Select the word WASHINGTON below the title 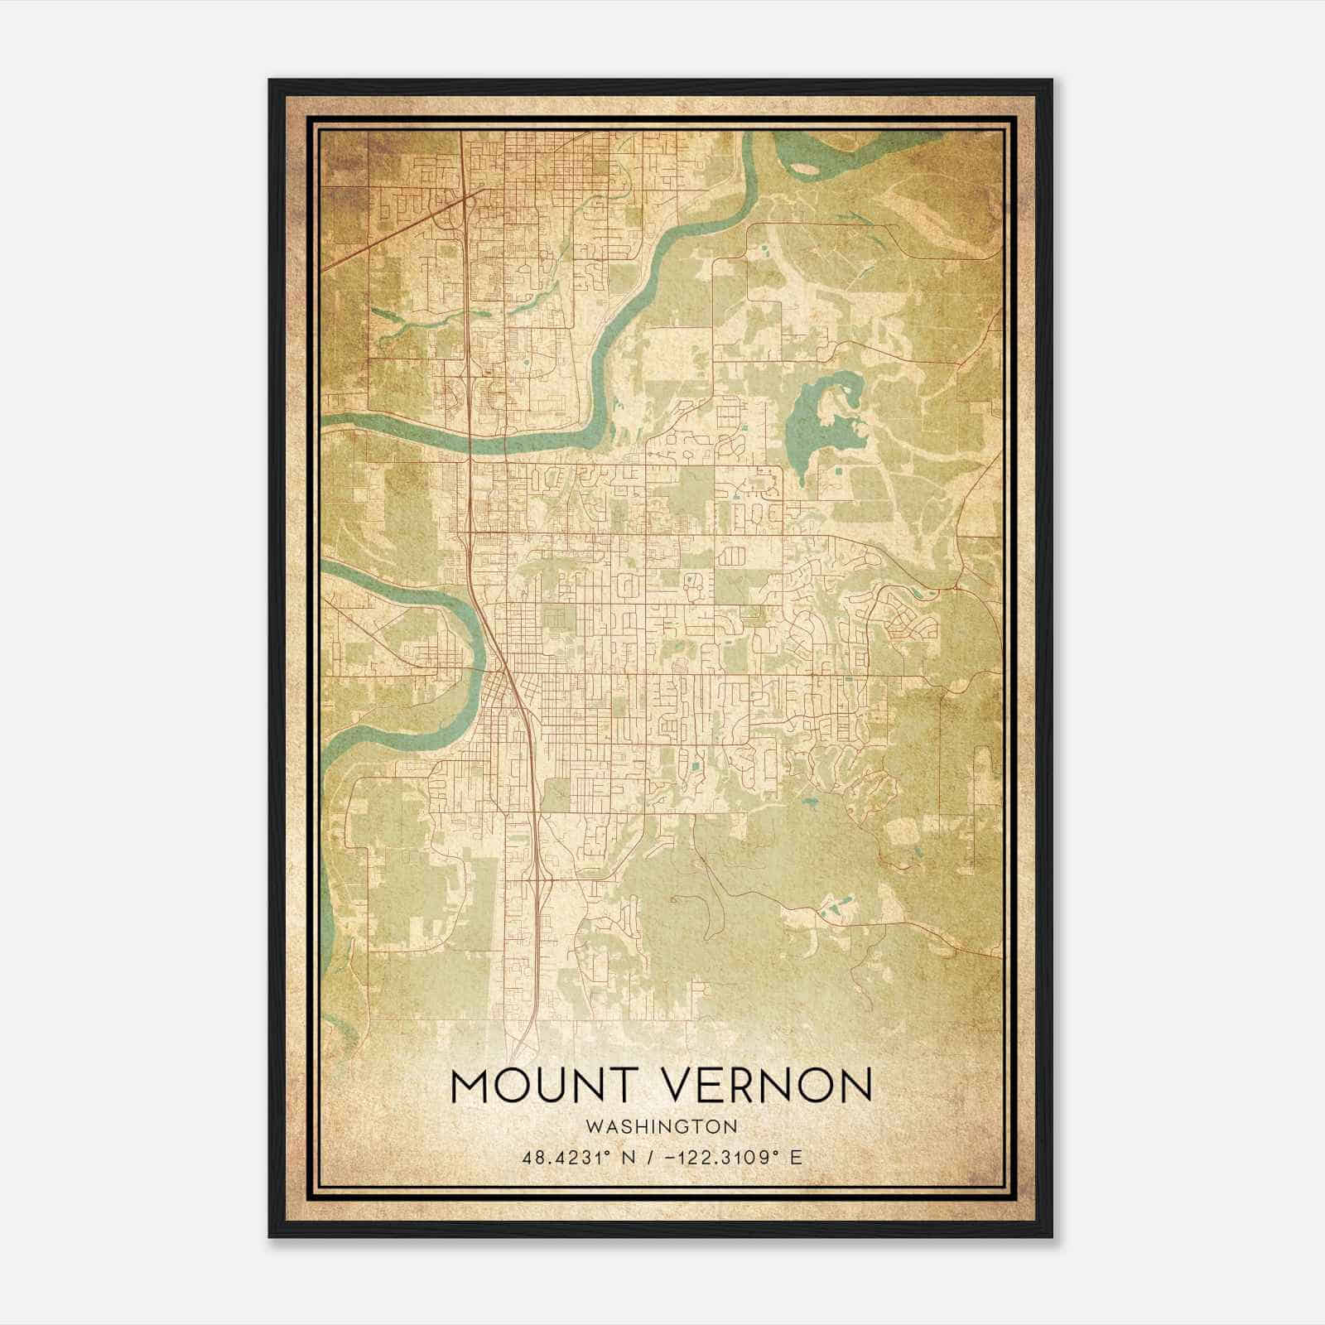[661, 1126]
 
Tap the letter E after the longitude [796, 1158]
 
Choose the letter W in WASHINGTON [592, 1126]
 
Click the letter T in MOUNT [625, 1086]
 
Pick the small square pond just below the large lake [840, 472]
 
